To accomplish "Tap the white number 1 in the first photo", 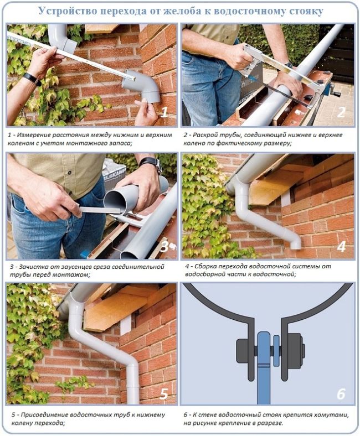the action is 164,112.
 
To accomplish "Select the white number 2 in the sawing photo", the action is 341,112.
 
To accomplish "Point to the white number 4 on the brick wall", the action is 341,246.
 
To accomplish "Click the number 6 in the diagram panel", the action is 341,394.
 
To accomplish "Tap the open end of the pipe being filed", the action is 115,201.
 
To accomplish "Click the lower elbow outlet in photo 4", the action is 295,244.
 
